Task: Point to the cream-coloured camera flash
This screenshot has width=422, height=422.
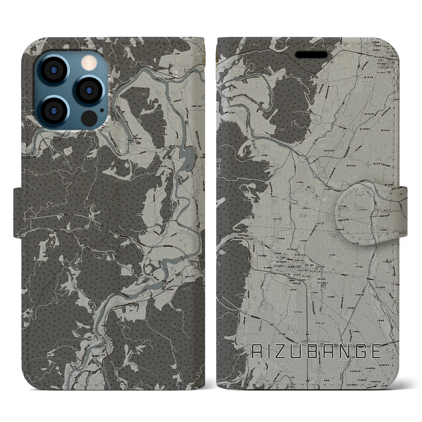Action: click(88, 62)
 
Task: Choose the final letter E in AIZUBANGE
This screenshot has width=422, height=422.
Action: click(376, 352)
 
